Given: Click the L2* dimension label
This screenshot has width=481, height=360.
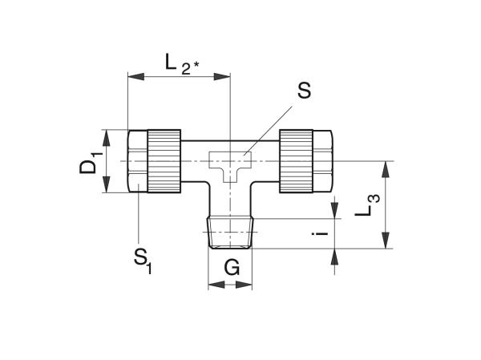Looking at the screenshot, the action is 182,64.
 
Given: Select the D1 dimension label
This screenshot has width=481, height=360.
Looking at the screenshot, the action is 91,166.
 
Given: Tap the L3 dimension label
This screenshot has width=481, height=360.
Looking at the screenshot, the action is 367,205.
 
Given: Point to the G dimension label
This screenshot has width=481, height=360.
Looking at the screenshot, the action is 232,268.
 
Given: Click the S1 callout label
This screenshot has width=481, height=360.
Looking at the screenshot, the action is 143,261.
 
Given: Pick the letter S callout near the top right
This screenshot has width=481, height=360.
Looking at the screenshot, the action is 304,91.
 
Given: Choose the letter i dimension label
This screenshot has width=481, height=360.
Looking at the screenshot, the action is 320,234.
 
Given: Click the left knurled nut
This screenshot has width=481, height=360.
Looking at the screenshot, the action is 164,161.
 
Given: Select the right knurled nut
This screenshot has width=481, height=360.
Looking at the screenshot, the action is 296,161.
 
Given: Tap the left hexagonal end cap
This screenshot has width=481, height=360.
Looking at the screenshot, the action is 137,161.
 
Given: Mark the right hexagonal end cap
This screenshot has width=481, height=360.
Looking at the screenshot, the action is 322,161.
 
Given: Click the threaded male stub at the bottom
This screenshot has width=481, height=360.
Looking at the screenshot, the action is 230,233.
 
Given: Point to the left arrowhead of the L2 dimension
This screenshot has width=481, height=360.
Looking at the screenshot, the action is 135,77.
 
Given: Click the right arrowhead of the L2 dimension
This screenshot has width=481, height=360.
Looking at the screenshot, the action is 222,77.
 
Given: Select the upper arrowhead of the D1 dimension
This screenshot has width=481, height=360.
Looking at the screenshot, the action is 106,138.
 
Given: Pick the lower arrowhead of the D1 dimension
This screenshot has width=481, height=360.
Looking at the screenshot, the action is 106,184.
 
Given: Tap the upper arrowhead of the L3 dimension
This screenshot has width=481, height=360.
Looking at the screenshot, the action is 386,169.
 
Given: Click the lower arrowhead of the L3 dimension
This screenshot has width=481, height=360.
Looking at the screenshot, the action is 386,241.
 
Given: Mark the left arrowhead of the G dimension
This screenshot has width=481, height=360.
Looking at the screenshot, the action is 216,285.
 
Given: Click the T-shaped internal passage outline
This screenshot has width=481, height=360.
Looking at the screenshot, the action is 230,167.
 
